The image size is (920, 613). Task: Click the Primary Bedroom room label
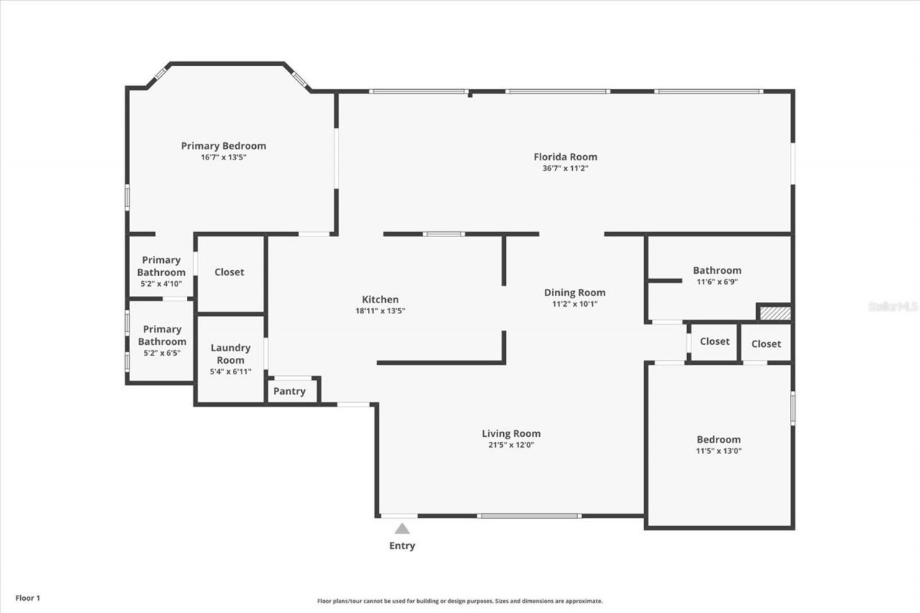pos(224,146)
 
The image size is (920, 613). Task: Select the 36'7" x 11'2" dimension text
pos(565,168)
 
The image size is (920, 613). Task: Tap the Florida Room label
pos(565,157)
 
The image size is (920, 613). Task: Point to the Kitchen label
pos(380,300)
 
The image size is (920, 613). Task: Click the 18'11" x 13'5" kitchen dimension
pos(380,311)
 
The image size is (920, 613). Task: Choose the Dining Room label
pos(574,292)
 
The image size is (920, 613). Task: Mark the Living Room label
pos(511,433)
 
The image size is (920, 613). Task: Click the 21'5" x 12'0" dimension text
pos(511,445)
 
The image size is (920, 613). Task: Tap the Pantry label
pos(290,392)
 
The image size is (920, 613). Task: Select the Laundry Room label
pos(230,354)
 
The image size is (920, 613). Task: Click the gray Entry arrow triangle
pos(402,529)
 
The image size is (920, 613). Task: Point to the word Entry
pos(402,546)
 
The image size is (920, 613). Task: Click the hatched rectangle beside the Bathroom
pos(776,313)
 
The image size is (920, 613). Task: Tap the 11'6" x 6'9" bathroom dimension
pos(717,282)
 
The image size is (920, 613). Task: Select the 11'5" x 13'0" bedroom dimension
pos(719,451)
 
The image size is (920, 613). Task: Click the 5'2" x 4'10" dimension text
pos(161,284)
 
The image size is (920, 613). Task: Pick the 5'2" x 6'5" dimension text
pos(162,353)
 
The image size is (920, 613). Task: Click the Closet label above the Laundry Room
pos(229,272)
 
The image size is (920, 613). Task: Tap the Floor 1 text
pos(28,598)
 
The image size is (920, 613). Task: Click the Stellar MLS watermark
pos(893,306)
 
